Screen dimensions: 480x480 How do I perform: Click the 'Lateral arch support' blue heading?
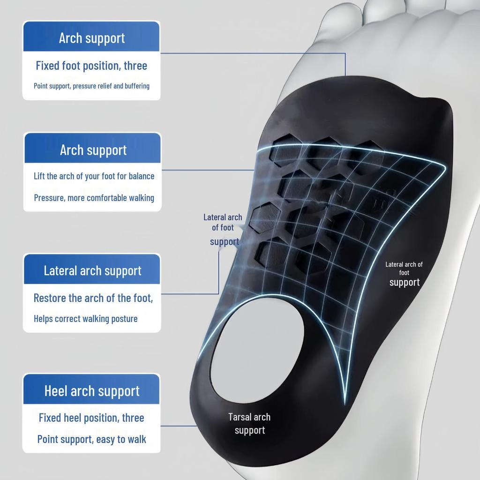92,271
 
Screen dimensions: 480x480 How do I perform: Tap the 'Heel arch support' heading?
92,391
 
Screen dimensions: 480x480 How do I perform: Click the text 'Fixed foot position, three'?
91,66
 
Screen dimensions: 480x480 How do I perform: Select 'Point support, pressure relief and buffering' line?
91,86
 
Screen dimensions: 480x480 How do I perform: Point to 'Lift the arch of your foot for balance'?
94,176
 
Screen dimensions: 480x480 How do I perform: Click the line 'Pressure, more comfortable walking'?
94,198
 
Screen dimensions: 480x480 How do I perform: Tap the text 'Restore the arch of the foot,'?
93,298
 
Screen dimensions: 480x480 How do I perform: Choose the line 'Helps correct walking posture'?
86,319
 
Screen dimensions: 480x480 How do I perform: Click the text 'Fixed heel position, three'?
91,418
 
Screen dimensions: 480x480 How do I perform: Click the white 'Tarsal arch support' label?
249,424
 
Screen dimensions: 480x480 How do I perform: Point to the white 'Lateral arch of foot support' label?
404,274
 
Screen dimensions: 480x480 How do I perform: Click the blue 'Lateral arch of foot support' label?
223,230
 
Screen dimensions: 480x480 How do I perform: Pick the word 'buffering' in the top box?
137,86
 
